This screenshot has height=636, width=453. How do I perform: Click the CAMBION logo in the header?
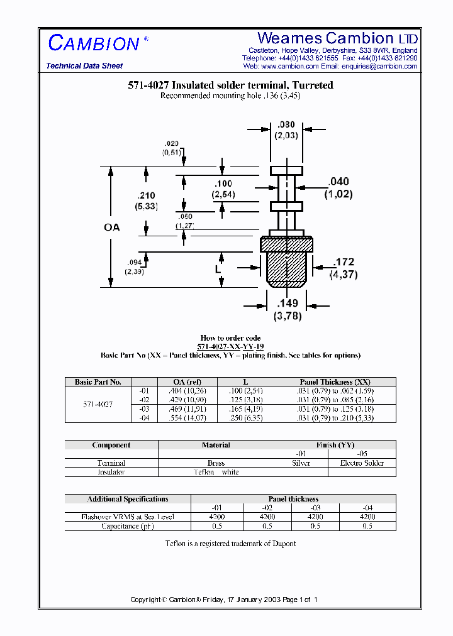click(94, 43)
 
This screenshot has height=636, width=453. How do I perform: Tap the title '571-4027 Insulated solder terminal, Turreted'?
click(230, 85)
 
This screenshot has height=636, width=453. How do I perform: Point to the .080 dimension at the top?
click(286, 124)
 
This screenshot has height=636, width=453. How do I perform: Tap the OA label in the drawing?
click(111, 228)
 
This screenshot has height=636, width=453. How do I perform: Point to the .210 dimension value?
click(146, 196)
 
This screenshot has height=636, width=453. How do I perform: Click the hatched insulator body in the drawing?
click(286, 264)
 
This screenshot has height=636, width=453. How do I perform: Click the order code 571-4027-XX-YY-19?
click(230, 347)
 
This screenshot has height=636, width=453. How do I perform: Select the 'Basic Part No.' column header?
click(98, 381)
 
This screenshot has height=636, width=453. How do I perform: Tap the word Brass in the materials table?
click(216, 463)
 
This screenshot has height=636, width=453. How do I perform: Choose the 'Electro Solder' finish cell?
click(362, 463)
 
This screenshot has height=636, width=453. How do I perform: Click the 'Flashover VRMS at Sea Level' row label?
click(128, 517)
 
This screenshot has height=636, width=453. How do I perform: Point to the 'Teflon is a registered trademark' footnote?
click(230, 544)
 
